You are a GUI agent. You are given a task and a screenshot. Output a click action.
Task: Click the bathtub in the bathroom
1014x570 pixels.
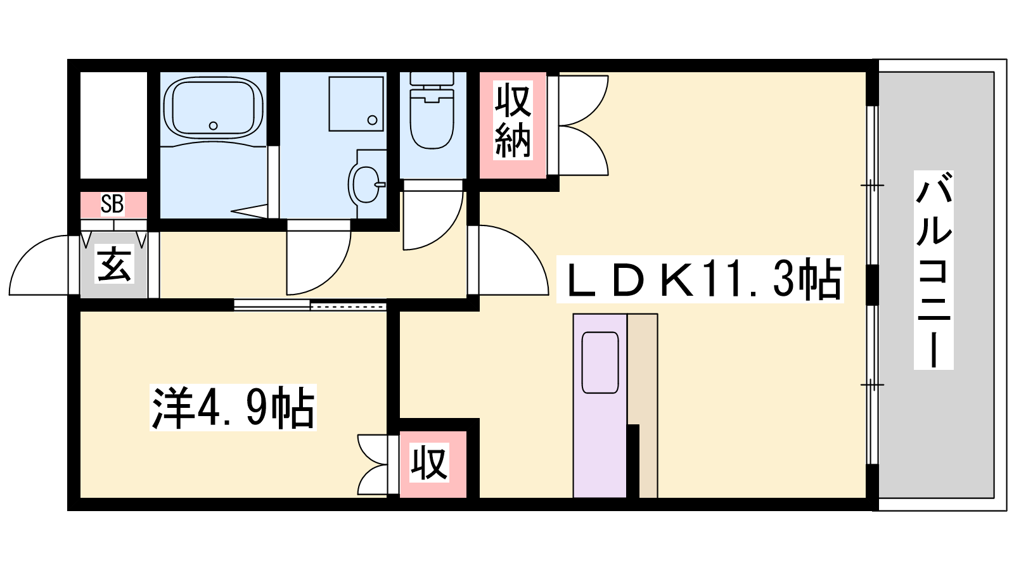pyautogui.click(x=213, y=108)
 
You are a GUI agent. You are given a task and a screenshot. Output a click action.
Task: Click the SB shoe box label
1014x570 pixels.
pyautogui.click(x=112, y=204)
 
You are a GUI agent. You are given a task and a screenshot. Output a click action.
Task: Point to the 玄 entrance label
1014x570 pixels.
pyautogui.click(x=114, y=264)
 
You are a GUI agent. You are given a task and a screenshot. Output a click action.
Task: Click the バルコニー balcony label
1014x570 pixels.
pyautogui.click(x=934, y=270)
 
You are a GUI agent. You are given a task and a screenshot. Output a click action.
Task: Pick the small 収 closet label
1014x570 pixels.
pyautogui.click(x=429, y=462)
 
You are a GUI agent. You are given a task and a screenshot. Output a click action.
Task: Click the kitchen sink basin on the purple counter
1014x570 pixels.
pyautogui.click(x=600, y=363)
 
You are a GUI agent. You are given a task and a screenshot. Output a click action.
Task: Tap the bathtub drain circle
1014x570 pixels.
pyautogui.click(x=213, y=126)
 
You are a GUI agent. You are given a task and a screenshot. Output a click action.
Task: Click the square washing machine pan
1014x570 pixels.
pyautogui.click(x=356, y=104)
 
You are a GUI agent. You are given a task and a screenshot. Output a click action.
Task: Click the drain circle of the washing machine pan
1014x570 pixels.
pyautogui.click(x=373, y=120)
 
